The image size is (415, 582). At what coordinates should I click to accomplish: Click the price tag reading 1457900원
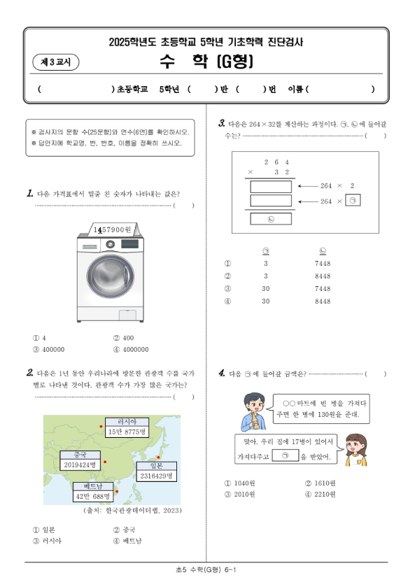(x=113, y=229)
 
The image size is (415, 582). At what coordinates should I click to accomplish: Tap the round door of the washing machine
(x=111, y=276)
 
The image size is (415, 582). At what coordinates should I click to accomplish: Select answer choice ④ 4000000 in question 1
(x=131, y=349)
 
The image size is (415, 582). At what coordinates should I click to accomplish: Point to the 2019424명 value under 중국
(x=80, y=464)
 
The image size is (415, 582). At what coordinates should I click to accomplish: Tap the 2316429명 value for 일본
(x=156, y=476)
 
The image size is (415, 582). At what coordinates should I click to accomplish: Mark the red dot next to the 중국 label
(x=105, y=462)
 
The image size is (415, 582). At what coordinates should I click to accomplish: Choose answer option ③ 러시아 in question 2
(x=47, y=541)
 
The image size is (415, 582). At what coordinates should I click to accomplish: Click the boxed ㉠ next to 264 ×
(x=353, y=201)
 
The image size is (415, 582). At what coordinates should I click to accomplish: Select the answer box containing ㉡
(x=271, y=219)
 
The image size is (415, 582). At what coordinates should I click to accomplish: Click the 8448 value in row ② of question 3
(x=323, y=276)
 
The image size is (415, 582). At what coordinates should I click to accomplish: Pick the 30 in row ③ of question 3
(x=266, y=289)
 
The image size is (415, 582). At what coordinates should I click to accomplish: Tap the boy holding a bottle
(x=254, y=411)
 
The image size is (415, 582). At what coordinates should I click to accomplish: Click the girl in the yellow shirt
(x=356, y=450)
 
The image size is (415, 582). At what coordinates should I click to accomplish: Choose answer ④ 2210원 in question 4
(x=320, y=495)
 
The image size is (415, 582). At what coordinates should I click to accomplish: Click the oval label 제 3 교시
(x=56, y=62)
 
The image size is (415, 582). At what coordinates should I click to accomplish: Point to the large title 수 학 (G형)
(x=206, y=62)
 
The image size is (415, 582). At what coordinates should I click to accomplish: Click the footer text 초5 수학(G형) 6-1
(x=206, y=569)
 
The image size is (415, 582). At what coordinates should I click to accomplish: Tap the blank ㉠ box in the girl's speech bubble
(x=285, y=455)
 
